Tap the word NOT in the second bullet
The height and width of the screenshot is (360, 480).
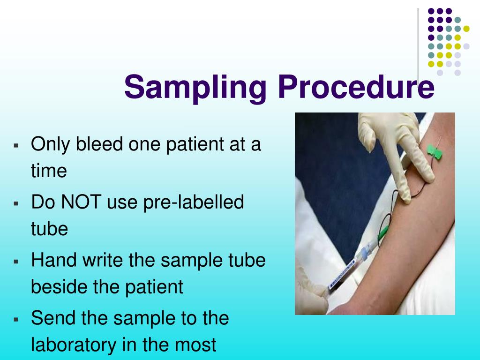(x=81, y=202)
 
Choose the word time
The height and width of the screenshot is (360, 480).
(x=49, y=171)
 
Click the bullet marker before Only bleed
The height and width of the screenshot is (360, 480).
(x=16, y=145)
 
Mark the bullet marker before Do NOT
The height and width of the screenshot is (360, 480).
(x=16, y=203)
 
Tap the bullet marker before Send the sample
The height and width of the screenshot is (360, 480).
(x=16, y=319)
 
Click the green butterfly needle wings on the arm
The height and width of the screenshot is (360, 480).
(x=435, y=152)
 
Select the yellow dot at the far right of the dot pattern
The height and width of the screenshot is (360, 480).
(x=466, y=29)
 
